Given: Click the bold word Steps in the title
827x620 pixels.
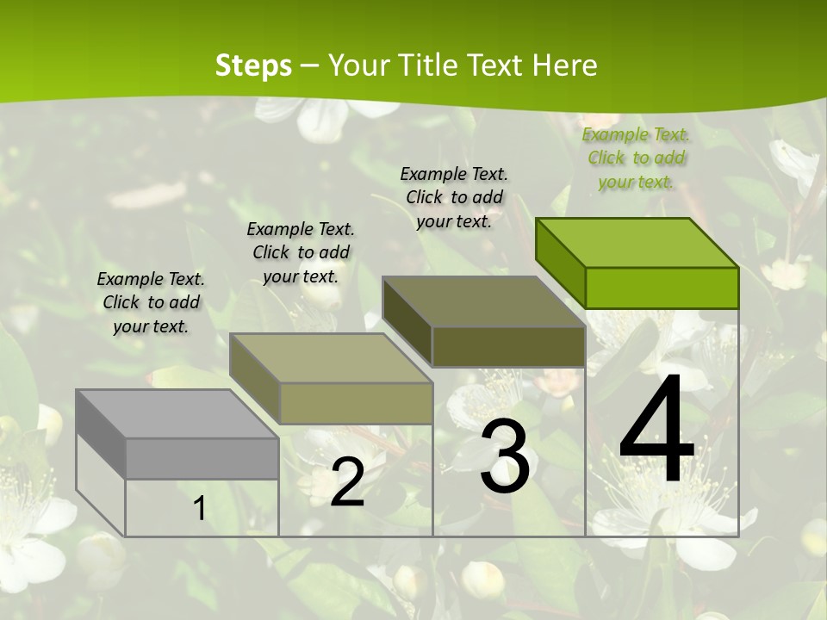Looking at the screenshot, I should click(253, 65).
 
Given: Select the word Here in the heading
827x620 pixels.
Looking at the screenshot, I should click(564, 65).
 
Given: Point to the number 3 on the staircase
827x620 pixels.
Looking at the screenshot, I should click(505, 457).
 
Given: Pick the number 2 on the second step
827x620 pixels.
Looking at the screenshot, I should click(347, 482).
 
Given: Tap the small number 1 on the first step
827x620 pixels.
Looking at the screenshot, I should click(200, 509).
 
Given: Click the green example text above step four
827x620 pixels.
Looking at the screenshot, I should click(636, 158).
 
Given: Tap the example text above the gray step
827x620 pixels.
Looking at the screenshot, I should click(151, 302).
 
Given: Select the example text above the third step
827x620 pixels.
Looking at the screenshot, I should click(454, 197).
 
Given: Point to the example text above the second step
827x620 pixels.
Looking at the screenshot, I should click(301, 252).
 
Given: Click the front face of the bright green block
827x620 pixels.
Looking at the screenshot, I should click(662, 288).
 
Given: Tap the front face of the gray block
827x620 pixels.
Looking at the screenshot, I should click(202, 458).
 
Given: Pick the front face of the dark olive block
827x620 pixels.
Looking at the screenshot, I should click(508, 346).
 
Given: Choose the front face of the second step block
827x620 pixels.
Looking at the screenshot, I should click(355, 403).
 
